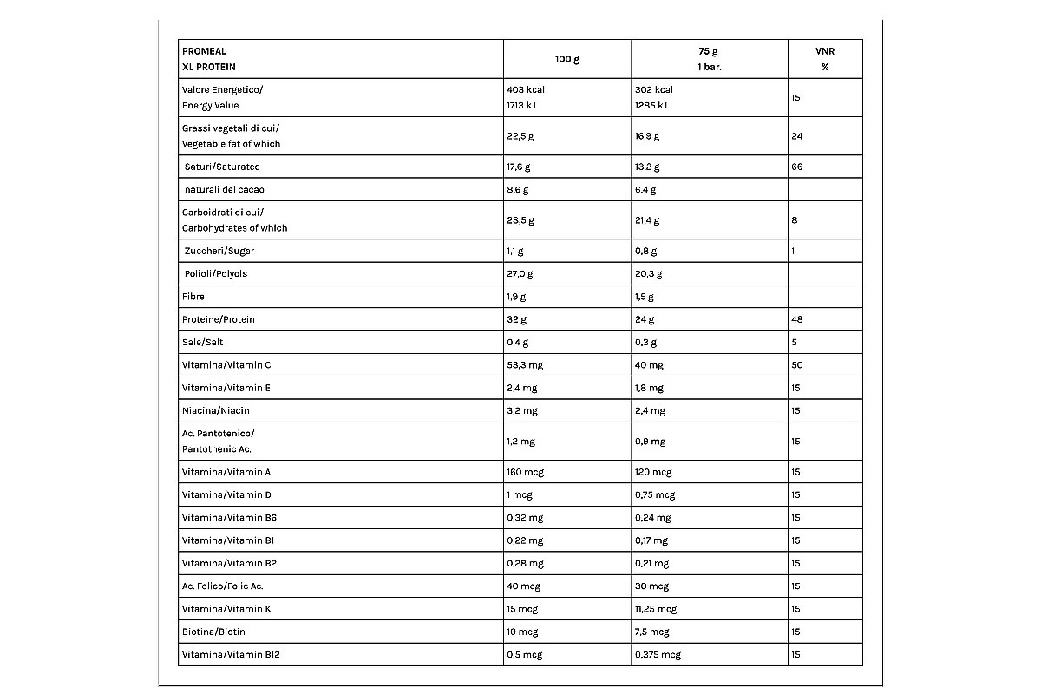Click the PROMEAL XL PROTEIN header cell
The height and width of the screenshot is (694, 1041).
click(209, 59)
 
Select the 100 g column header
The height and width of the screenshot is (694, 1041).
click(567, 59)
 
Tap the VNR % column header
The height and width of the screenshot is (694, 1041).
click(824, 59)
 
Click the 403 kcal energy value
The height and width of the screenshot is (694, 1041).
click(526, 89)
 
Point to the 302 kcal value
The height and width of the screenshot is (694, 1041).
click(654, 89)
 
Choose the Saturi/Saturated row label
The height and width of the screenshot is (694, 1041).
click(222, 167)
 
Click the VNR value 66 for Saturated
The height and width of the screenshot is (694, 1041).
click(796, 167)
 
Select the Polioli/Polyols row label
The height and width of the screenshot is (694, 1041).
click(216, 273)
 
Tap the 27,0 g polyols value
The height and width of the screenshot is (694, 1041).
click(520, 273)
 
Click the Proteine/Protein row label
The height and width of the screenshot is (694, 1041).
click(219, 319)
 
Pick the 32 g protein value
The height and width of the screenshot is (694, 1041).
click(517, 319)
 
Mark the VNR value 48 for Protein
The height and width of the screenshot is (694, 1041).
click(796, 319)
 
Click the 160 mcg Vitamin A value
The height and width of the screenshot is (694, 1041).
click(525, 472)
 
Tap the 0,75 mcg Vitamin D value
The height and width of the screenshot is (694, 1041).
click(655, 494)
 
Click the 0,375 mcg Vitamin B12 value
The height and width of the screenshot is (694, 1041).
click(658, 654)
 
